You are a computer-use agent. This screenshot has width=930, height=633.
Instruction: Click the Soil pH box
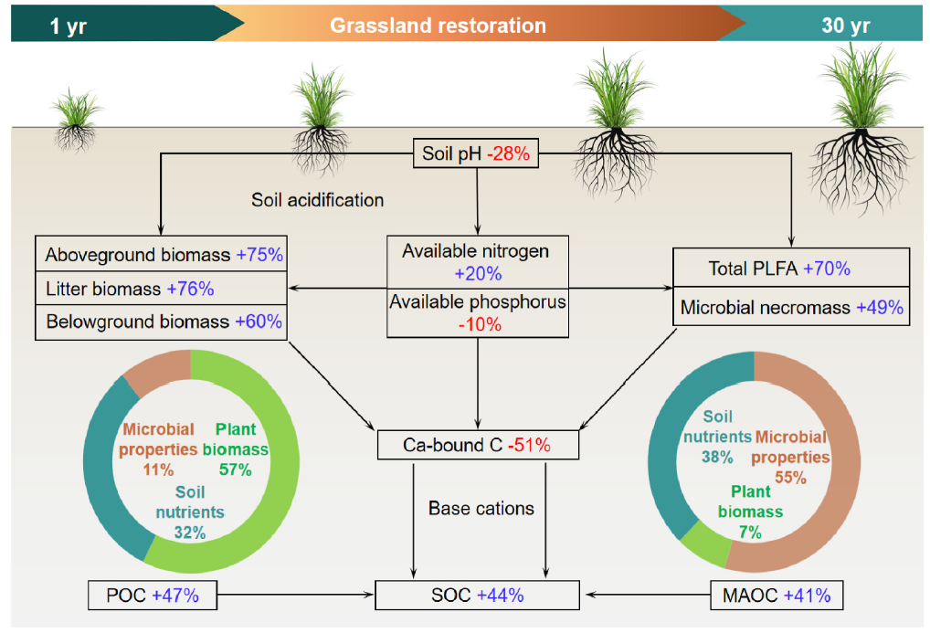tap(476, 153)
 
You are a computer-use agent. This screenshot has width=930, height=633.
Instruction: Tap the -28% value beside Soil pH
tap(509, 153)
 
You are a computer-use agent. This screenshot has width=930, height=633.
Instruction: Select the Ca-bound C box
tap(478, 445)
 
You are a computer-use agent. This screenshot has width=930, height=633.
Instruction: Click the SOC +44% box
tap(478, 596)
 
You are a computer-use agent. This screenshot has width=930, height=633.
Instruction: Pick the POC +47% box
tap(153, 596)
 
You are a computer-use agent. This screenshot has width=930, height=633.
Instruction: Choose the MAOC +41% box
tap(777, 596)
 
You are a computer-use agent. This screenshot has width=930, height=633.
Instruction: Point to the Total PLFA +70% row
tap(791, 269)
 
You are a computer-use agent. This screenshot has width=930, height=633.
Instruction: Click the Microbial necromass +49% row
tap(791, 308)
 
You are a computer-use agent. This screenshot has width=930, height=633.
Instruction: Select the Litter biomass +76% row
tap(161, 289)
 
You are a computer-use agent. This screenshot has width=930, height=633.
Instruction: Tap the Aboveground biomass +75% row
tap(161, 255)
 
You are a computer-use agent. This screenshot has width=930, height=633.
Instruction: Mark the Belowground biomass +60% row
tap(161, 322)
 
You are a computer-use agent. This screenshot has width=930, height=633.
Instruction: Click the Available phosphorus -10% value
tap(478, 324)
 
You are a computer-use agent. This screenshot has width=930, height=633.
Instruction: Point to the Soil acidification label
tap(318, 199)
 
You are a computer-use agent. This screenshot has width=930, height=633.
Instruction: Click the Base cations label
tap(481, 508)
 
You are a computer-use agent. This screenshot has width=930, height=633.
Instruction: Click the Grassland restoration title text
tap(439, 26)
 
